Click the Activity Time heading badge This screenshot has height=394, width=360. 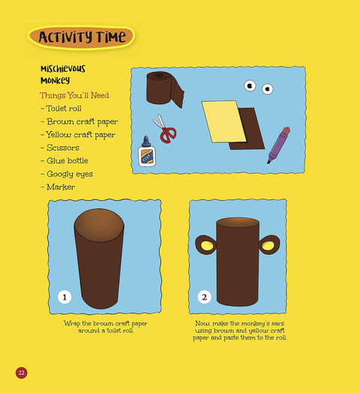(82, 37)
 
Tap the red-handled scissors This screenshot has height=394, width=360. (165, 130)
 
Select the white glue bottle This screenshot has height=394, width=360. (147, 152)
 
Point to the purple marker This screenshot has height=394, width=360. (278, 145)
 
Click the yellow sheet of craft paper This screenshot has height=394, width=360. (223, 121)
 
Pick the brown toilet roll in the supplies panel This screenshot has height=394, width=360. (165, 88)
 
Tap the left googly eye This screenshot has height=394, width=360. (250, 86)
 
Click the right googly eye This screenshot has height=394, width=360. (268, 89)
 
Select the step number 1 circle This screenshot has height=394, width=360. (64, 297)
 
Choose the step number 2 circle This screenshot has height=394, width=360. (204, 297)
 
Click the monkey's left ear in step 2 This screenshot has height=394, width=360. (205, 245)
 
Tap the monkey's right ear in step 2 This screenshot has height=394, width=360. (269, 245)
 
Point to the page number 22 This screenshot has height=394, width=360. (22, 372)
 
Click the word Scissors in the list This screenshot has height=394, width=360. (63, 148)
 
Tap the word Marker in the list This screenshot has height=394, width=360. (61, 187)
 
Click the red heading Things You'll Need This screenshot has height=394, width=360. (74, 95)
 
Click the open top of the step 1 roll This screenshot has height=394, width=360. (99, 225)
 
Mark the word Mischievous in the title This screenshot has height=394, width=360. (63, 69)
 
